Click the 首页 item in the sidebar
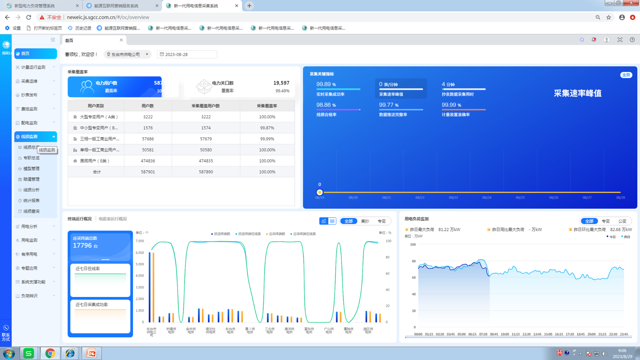(x=35, y=54)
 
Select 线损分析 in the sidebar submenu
(x=31, y=190)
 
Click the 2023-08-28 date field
(x=187, y=54)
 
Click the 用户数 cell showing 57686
(x=148, y=138)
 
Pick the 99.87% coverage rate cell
(x=267, y=128)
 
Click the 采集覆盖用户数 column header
(x=206, y=106)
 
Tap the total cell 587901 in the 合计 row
(x=148, y=171)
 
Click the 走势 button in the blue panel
(x=626, y=75)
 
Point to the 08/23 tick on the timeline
(x=453, y=197)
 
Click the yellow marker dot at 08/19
(x=320, y=192)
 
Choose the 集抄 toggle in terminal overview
(x=365, y=221)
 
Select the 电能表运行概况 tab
(x=112, y=219)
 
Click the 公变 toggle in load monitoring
(x=622, y=221)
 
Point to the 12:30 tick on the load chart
(x=526, y=334)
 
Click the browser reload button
(x=29, y=17)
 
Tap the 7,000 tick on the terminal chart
(x=140, y=241)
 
